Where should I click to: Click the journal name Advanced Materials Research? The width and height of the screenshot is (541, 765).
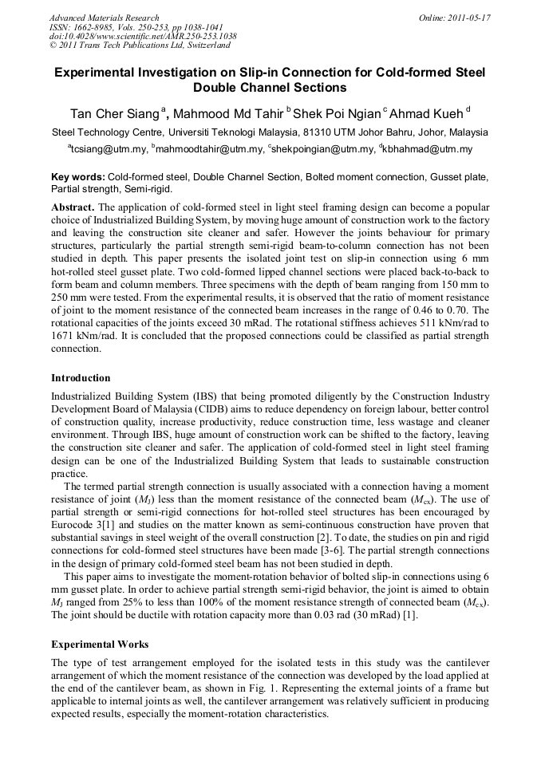click(104, 17)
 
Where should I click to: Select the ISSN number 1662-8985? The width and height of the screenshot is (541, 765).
click(93, 27)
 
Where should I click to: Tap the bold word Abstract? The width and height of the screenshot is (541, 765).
click(73, 206)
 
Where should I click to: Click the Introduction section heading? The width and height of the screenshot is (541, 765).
click(81, 377)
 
